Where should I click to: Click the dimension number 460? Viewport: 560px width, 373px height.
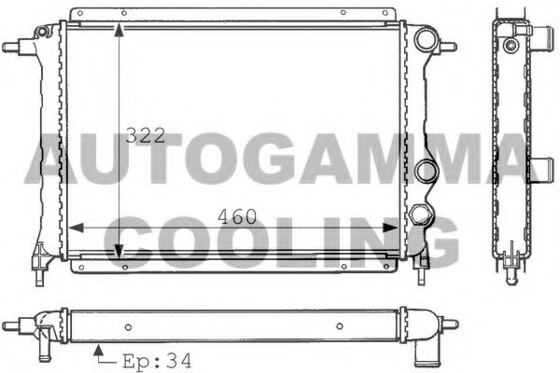click(x=237, y=217)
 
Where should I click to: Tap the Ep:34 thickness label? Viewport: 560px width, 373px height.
click(x=147, y=358)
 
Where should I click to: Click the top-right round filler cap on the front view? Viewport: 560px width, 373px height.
click(x=427, y=41)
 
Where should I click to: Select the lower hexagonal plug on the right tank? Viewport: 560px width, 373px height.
click(x=423, y=214)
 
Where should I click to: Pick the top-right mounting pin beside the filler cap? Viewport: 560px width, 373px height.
click(x=449, y=45)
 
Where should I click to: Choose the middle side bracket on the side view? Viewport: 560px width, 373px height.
click(x=542, y=169)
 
